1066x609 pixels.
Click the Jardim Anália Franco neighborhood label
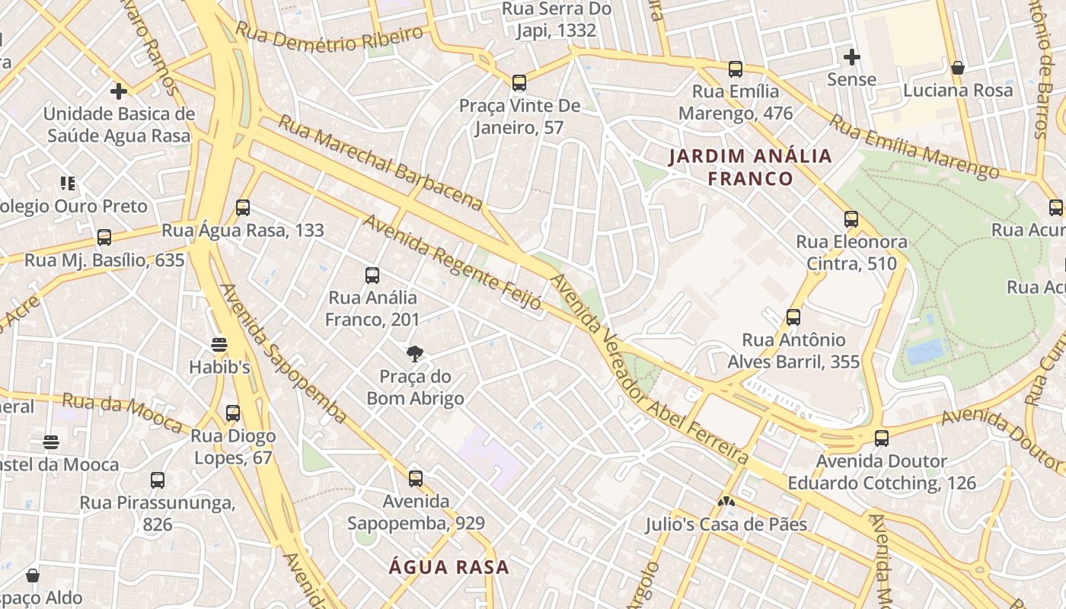750,167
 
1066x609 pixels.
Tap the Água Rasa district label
448,567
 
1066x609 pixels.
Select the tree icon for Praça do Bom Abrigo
415,352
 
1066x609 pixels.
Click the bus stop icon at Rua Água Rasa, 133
243,207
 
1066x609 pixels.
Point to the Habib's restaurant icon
219,344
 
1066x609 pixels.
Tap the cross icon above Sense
851,56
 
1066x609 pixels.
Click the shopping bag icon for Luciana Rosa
958,68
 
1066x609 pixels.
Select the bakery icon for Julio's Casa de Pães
726,502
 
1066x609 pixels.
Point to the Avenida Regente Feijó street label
452,262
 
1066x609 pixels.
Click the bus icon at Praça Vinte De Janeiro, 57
519,82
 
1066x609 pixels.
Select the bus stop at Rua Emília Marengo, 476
735,69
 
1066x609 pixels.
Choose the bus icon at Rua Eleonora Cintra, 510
851,219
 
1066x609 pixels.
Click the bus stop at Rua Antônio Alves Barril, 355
793,317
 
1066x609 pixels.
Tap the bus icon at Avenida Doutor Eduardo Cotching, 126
881,438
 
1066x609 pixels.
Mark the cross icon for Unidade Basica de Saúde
118,91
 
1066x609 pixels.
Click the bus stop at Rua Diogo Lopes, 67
233,413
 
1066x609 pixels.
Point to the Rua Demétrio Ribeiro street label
329,37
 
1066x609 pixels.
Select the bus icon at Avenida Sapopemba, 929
415,478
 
